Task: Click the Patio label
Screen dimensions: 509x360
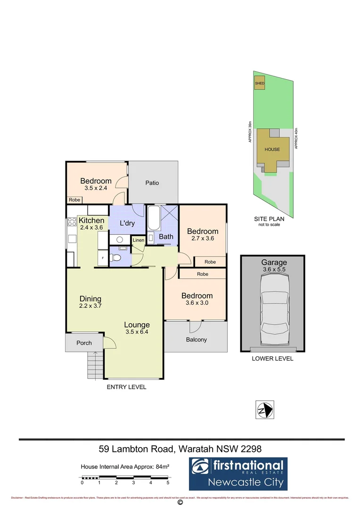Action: [152, 183]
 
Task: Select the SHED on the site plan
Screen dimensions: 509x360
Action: [260, 83]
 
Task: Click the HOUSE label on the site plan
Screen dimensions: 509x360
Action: [272, 149]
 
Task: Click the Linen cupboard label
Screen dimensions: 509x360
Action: [138, 240]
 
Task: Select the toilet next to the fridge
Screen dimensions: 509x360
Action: [115, 257]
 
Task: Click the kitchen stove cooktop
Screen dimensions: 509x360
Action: [72, 222]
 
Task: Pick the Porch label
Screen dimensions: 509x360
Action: [84, 343]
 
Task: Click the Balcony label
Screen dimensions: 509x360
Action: [196, 339]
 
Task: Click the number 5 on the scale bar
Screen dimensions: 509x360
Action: [168, 483]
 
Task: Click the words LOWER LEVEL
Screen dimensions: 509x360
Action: [272, 359]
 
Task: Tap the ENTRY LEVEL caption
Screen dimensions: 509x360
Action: [126, 387]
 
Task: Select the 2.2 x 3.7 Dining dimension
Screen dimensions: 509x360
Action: [90, 305]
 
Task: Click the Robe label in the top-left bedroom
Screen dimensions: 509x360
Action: [74, 200]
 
